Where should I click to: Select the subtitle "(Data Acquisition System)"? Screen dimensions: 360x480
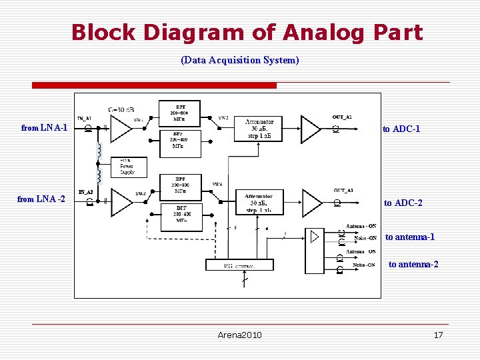tap(240, 61)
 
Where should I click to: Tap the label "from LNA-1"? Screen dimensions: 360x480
tap(44, 127)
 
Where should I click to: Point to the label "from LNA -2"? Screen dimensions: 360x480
tap(41, 199)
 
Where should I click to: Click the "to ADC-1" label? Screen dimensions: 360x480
tap(401, 129)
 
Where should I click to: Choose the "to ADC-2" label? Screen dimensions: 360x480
tap(403, 203)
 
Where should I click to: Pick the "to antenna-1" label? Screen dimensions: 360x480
tap(410, 237)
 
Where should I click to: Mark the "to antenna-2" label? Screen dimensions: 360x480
tap(413, 265)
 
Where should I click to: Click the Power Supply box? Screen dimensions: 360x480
tap(127, 167)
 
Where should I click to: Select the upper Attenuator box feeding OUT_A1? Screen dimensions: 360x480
tap(259, 128)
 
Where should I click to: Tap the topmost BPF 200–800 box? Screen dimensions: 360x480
tap(180, 112)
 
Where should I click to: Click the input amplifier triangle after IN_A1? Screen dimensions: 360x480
tap(121, 129)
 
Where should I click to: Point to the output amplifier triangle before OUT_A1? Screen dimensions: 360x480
tap(310, 129)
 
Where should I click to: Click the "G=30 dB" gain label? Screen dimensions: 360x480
tap(121, 109)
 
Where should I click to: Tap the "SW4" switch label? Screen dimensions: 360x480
tap(217, 184)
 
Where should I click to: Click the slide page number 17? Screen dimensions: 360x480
tap(438, 335)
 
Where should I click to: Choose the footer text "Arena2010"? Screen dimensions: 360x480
tap(240, 335)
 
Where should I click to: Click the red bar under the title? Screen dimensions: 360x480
tap(155, 85)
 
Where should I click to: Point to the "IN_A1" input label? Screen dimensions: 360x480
tap(85, 118)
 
